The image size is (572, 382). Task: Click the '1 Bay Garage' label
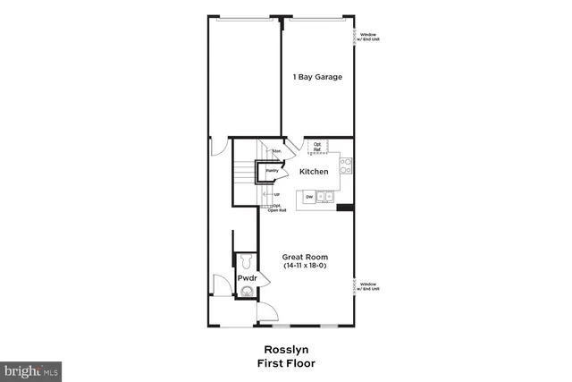(x=317, y=77)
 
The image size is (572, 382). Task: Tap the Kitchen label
(x=313, y=172)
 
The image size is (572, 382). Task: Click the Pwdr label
(x=248, y=279)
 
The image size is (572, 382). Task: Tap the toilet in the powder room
(x=247, y=261)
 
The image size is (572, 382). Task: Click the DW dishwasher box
(x=309, y=196)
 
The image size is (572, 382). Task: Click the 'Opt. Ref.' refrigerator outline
(x=317, y=146)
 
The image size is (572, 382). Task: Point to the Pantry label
(x=272, y=170)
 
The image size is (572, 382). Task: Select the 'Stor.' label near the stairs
(x=277, y=152)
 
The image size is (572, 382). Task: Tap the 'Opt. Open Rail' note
(x=278, y=208)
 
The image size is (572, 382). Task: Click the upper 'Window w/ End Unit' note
(x=367, y=38)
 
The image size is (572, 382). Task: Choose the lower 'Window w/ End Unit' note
(x=367, y=286)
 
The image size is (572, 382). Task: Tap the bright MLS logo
(x=31, y=368)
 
